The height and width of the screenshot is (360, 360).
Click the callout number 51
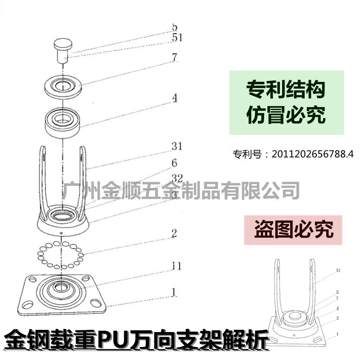click(177, 38)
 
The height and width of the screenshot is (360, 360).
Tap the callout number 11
click(177, 266)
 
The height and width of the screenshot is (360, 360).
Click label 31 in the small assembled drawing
click(338, 271)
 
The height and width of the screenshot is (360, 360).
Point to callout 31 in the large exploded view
click(177, 147)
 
